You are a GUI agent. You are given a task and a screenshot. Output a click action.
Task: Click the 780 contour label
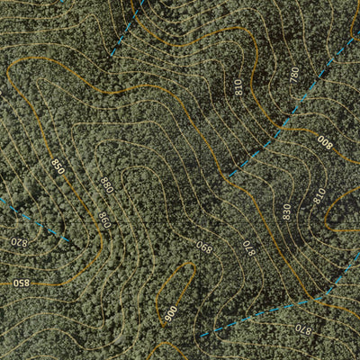pos(293,75)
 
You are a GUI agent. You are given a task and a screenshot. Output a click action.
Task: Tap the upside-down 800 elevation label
pos(324,141)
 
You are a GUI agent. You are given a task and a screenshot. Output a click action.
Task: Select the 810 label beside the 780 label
pos(238,87)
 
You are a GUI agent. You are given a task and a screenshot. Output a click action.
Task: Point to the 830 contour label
pos(286,211)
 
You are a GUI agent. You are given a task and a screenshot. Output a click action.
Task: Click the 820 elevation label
pos(19,240)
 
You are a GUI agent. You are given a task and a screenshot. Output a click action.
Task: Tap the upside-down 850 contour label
pos(20,283)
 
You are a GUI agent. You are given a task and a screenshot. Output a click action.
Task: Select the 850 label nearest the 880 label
pos(58,166)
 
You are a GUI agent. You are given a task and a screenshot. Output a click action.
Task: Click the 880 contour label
pos(107,184)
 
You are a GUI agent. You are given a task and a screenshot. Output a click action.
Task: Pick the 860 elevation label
pos(103,219)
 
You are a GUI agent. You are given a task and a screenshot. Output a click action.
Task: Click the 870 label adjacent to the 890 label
pos(248,245)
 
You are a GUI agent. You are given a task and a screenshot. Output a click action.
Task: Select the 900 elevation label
pos(171,313)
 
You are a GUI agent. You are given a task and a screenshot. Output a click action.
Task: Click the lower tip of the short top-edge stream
pos(112,53)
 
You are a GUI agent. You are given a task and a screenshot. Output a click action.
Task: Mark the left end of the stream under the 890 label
pos(200,337)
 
